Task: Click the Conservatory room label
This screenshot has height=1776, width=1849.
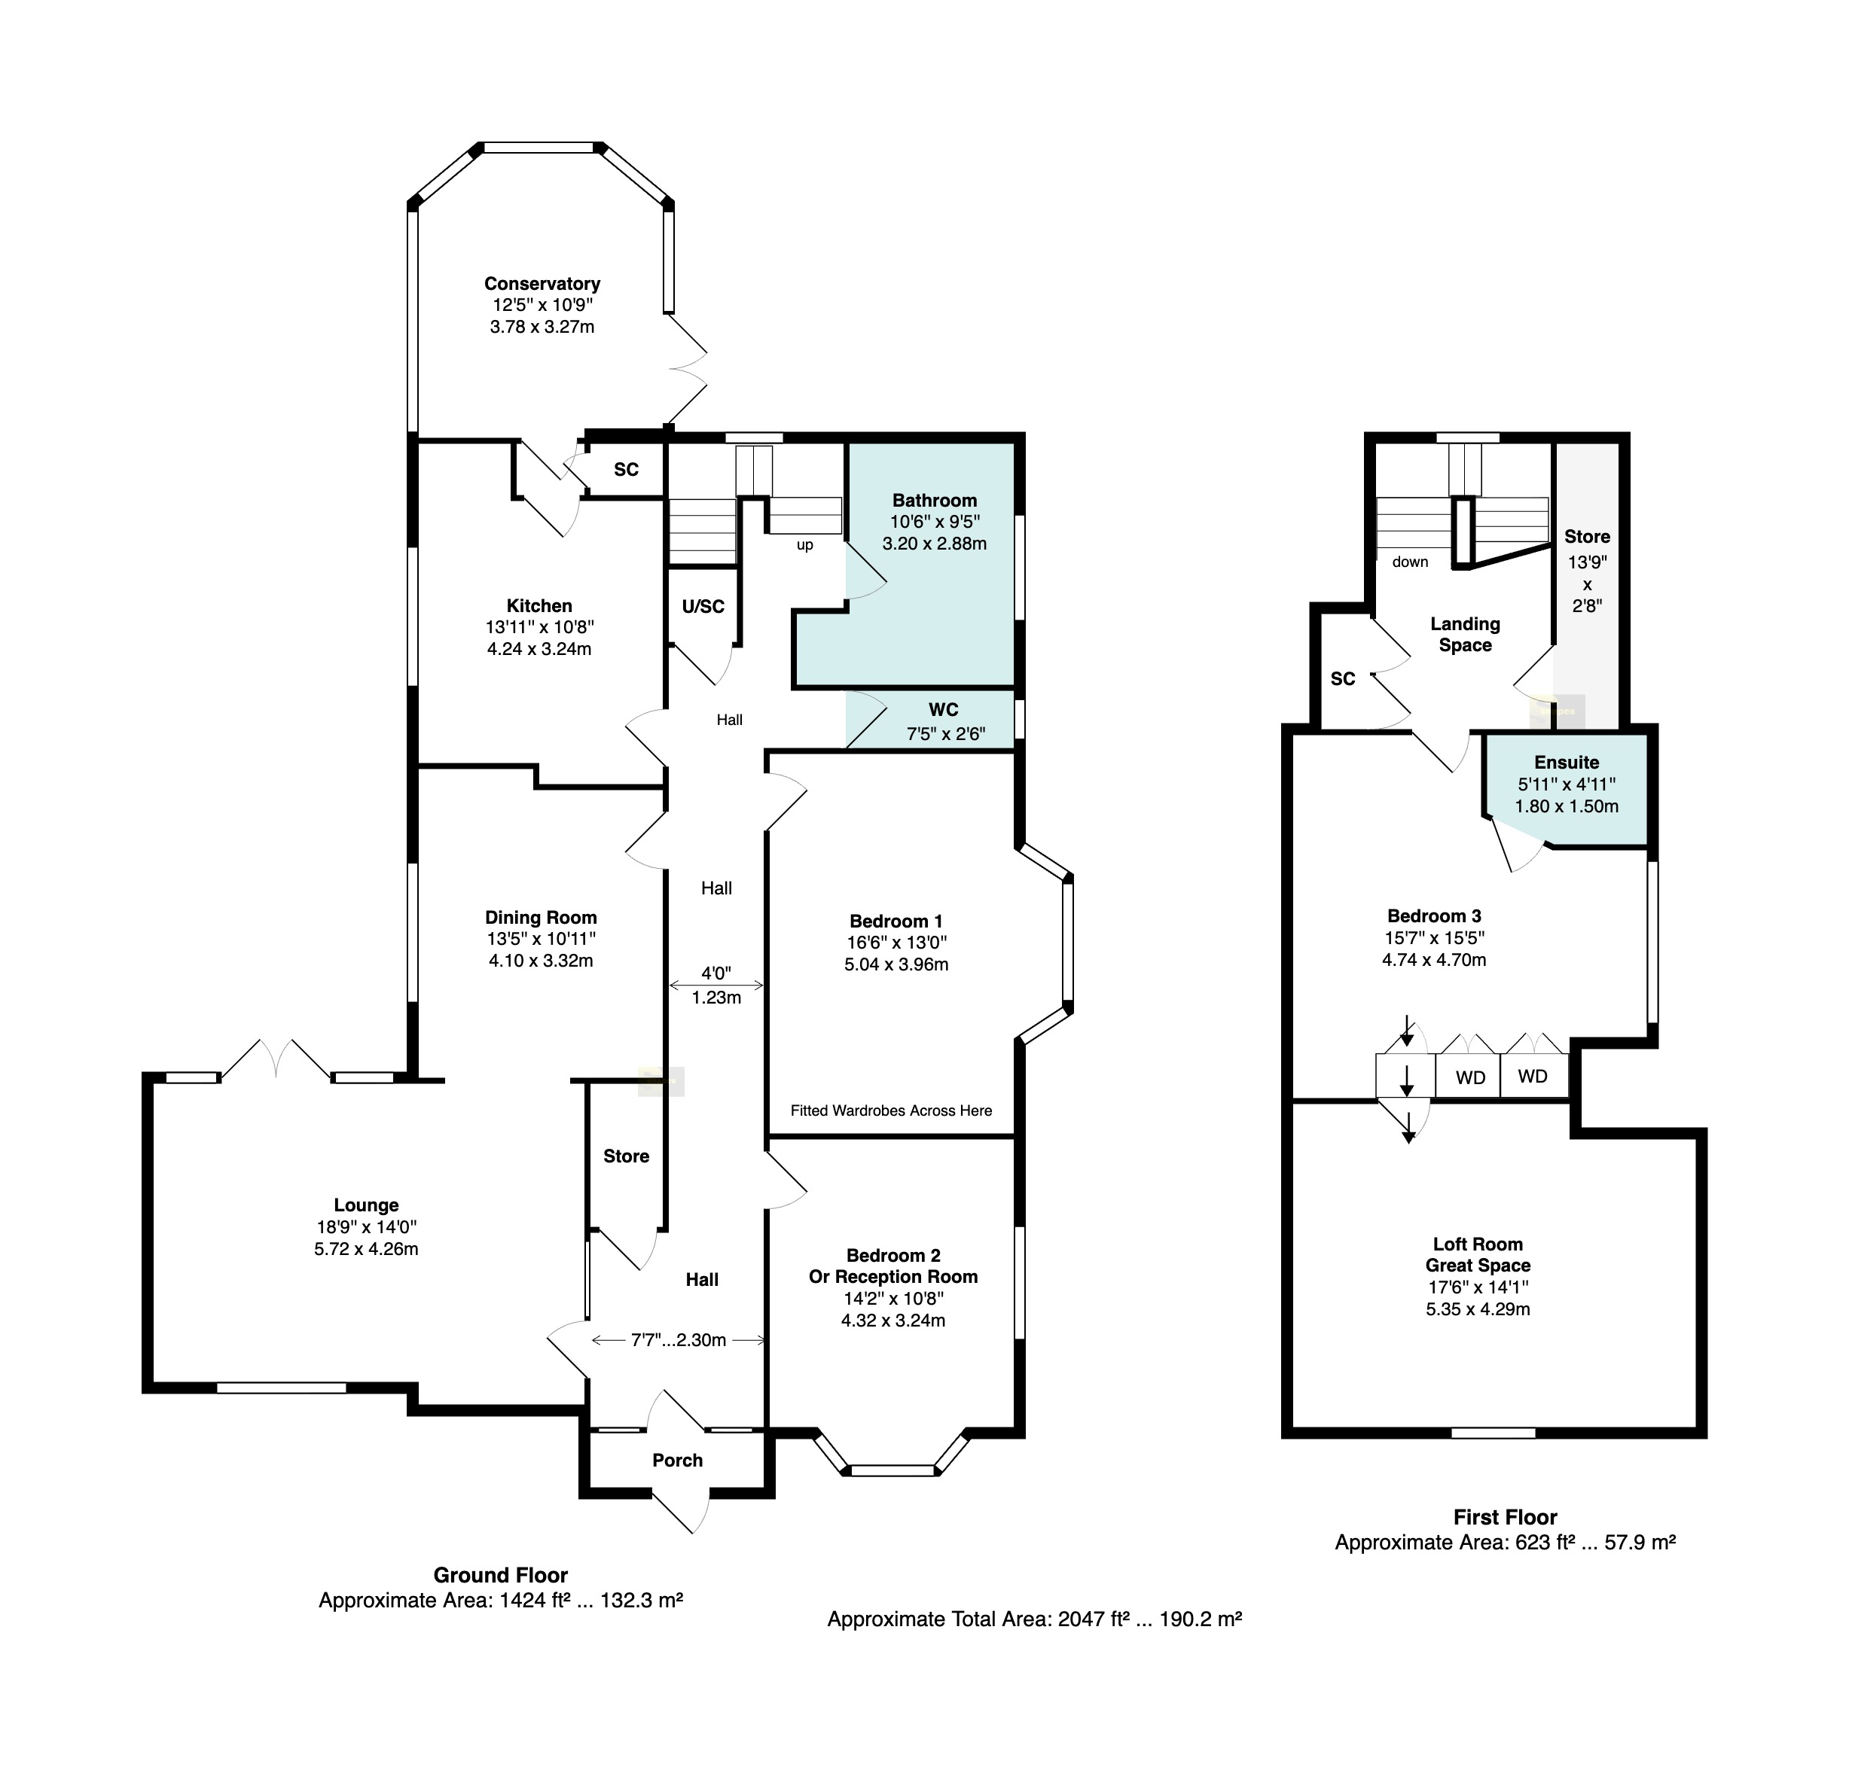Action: (542, 284)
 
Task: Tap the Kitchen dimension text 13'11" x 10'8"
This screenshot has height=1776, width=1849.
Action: (539, 627)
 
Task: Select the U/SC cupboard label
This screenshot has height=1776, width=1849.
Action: (703, 607)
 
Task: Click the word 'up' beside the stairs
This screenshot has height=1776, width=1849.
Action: (804, 545)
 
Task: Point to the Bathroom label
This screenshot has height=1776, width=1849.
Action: (935, 501)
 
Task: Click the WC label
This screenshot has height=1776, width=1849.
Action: (944, 710)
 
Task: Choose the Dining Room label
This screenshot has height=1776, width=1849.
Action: (541, 918)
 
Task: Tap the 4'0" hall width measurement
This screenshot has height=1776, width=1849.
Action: (716, 973)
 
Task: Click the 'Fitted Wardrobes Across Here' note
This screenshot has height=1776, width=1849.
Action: (892, 1111)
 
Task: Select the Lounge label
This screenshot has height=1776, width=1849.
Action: (366, 1205)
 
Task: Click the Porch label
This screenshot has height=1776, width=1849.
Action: (677, 1461)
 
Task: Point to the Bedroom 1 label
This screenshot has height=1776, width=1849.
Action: (896, 922)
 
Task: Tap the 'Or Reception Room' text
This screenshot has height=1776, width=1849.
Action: (893, 1277)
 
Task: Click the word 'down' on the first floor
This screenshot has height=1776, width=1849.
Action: (1411, 562)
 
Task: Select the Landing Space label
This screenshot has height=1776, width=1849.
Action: (1465, 635)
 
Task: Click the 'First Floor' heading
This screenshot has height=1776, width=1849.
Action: (1506, 1518)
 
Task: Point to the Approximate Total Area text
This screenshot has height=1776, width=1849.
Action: (1035, 1619)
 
